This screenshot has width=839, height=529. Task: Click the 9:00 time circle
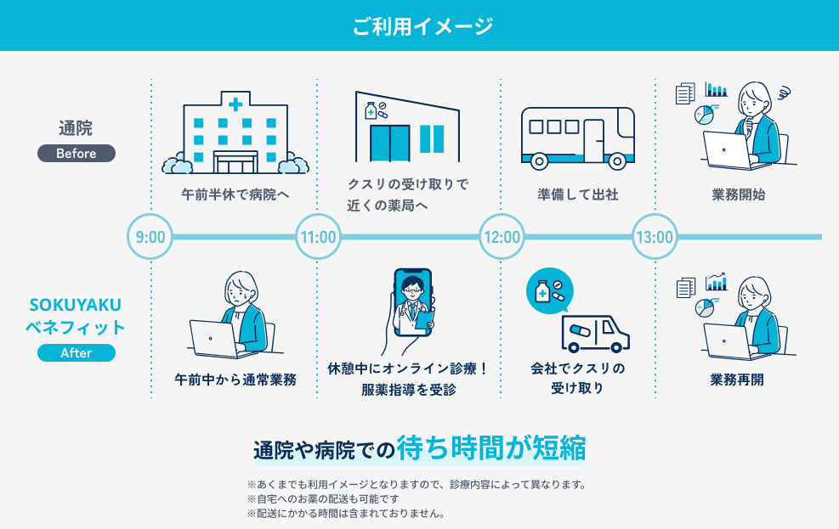click(x=150, y=236)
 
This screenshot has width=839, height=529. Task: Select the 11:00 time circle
click(x=319, y=236)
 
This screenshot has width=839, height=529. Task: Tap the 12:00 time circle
click(x=502, y=236)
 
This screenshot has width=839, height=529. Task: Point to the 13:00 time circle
click(x=655, y=236)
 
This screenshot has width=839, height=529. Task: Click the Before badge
click(x=77, y=154)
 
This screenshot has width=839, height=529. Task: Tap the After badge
click(x=77, y=352)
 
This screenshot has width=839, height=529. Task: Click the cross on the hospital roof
click(x=235, y=104)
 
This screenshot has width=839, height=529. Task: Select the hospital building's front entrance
click(x=235, y=162)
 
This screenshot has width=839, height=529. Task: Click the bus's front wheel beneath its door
click(x=617, y=160)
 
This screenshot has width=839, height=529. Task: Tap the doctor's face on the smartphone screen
click(x=412, y=289)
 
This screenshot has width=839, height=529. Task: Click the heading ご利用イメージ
click(x=422, y=25)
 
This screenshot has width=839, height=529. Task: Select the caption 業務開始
click(x=739, y=194)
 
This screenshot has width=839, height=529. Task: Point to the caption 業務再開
click(x=737, y=380)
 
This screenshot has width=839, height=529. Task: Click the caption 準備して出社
click(x=578, y=194)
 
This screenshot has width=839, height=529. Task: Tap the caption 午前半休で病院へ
click(x=235, y=194)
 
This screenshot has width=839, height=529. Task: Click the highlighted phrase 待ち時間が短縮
click(x=491, y=447)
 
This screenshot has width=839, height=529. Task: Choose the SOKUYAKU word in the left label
click(x=76, y=305)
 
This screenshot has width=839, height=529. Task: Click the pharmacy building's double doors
click(x=390, y=144)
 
